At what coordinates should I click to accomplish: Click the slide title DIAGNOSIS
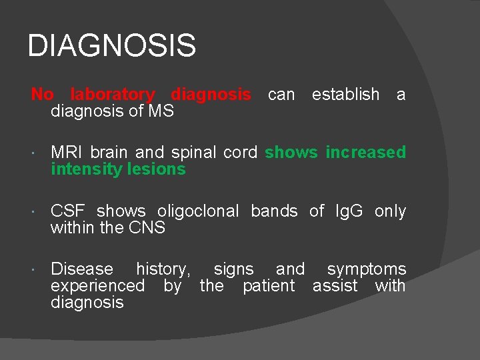pyautogui.click(x=112, y=47)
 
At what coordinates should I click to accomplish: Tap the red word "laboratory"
pyautogui.click(x=112, y=95)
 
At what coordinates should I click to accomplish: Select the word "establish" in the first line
pyautogui.click(x=345, y=95)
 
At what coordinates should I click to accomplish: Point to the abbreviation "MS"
pyautogui.click(x=162, y=111)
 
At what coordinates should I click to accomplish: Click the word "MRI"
pyautogui.click(x=65, y=153)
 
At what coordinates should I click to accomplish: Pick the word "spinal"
pyautogui.click(x=193, y=153)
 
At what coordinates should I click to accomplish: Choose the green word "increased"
pyautogui.click(x=365, y=153)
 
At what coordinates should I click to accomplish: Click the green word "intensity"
pyautogui.click(x=88, y=169)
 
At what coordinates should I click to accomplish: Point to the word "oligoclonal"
pyautogui.click(x=198, y=211)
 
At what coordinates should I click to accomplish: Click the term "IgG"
pyautogui.click(x=347, y=211)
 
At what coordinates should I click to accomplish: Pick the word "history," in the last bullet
pyautogui.click(x=163, y=269)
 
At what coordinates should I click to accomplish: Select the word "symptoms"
pyautogui.click(x=366, y=269)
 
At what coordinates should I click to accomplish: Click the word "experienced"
pyautogui.click(x=97, y=286)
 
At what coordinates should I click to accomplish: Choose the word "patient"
pyautogui.click(x=268, y=286)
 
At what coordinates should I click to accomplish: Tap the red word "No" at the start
pyautogui.click(x=42, y=95)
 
